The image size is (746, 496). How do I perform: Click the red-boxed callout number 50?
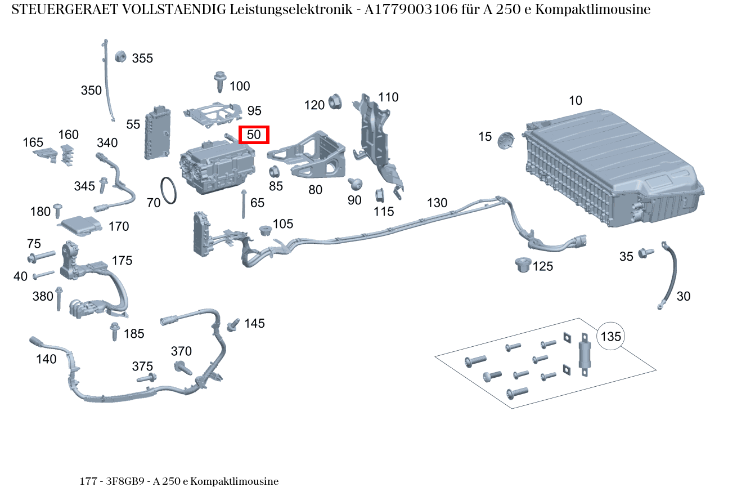click(254, 135)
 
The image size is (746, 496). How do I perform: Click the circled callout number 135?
click(610, 337)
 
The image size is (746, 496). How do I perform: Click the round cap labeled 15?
click(506, 140)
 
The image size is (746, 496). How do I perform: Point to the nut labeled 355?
click(120, 56)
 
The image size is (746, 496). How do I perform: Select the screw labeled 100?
click(220, 82)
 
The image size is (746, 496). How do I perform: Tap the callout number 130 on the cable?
click(437, 203)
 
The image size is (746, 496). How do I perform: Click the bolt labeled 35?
click(645, 253)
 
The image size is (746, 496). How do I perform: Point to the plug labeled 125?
click(523, 263)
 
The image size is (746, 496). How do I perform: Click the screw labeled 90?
click(354, 184)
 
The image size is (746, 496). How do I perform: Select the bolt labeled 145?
click(233, 325)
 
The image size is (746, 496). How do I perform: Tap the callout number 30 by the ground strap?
click(683, 296)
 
